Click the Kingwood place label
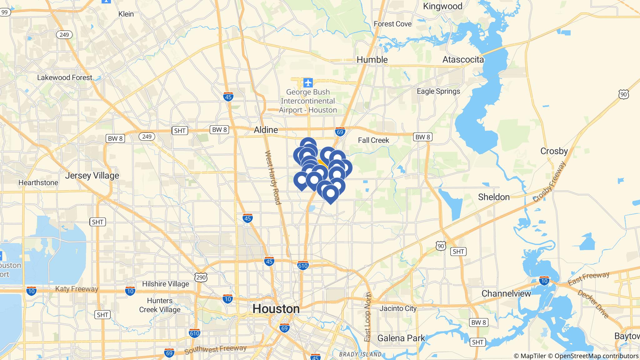point(442,6)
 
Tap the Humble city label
point(372,60)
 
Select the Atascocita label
point(463,60)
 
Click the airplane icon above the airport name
point(308,83)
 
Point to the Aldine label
point(266,130)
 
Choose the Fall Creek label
point(373,140)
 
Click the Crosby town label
point(554,151)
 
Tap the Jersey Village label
point(92,176)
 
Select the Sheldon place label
point(494,197)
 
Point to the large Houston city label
point(276,309)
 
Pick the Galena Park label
point(401,338)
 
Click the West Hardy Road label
point(273,177)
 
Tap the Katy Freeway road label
point(77,289)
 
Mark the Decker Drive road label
point(593,304)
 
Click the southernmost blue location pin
point(330,194)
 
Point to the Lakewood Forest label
point(65,77)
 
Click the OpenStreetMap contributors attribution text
point(596,356)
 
